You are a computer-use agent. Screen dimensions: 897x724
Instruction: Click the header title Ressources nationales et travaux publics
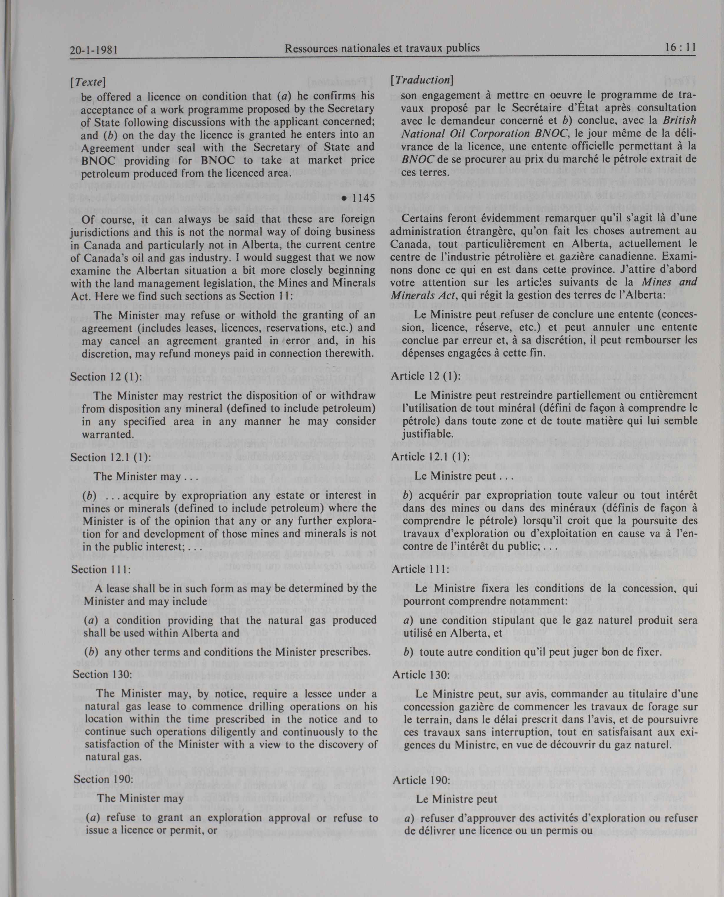(382, 48)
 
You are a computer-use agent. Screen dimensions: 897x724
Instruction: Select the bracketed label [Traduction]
(422, 80)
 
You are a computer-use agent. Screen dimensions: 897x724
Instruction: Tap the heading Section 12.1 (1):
(110, 457)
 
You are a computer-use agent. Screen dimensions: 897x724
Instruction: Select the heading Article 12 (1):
(426, 376)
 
